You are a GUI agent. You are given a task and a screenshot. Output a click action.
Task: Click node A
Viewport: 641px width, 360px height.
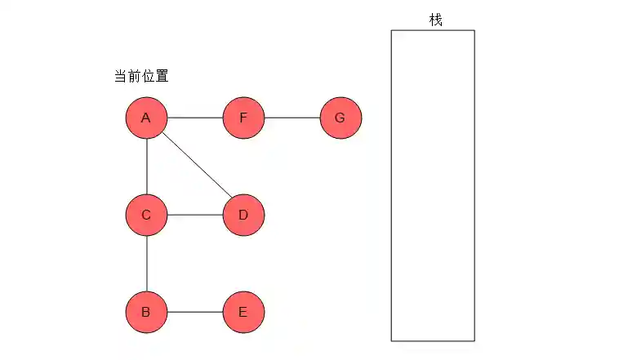pyautogui.click(x=146, y=118)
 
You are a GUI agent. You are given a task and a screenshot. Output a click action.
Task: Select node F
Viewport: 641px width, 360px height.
pyautogui.click(x=243, y=118)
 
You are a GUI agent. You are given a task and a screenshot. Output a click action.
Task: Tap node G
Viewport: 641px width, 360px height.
pyautogui.click(x=341, y=118)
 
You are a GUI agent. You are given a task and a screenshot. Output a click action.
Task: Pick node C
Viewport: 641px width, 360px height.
pyautogui.click(x=146, y=216)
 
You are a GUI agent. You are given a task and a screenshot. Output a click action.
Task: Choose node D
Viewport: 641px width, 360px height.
pyautogui.click(x=243, y=216)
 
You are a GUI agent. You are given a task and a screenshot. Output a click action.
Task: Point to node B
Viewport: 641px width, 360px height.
pyautogui.click(x=146, y=312)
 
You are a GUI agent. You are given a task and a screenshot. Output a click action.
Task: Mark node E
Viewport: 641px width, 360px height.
pyautogui.click(x=243, y=312)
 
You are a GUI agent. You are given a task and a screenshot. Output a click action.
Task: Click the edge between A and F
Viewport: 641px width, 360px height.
pyautogui.click(x=194, y=118)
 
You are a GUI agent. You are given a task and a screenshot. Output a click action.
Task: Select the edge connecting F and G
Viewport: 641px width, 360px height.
pyautogui.click(x=292, y=118)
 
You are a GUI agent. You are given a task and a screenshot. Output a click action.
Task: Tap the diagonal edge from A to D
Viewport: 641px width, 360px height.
pyautogui.click(x=194, y=167)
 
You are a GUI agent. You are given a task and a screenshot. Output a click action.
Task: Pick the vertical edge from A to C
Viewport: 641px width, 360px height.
pyautogui.click(x=146, y=167)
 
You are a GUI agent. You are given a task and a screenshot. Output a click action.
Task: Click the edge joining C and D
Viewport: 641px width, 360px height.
pyautogui.click(x=194, y=216)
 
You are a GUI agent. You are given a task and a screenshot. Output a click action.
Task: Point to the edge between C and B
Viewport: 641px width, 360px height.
pyautogui.click(x=146, y=264)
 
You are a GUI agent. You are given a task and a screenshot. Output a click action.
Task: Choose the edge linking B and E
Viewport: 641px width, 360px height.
pyautogui.click(x=194, y=312)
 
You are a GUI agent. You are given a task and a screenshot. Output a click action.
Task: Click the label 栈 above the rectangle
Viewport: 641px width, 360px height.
pyautogui.click(x=435, y=19)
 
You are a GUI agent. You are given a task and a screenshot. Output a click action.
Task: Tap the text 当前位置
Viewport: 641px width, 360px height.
pyautogui.click(x=141, y=77)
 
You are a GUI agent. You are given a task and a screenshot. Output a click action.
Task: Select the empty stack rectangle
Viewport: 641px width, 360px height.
pyautogui.click(x=433, y=185)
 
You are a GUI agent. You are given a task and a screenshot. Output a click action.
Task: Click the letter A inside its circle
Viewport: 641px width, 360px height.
pyautogui.click(x=146, y=118)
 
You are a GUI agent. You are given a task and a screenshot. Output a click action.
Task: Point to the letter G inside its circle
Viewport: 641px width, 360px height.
pyautogui.click(x=341, y=118)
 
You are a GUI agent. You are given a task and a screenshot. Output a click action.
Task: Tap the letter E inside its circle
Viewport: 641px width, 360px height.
pyautogui.click(x=243, y=312)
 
